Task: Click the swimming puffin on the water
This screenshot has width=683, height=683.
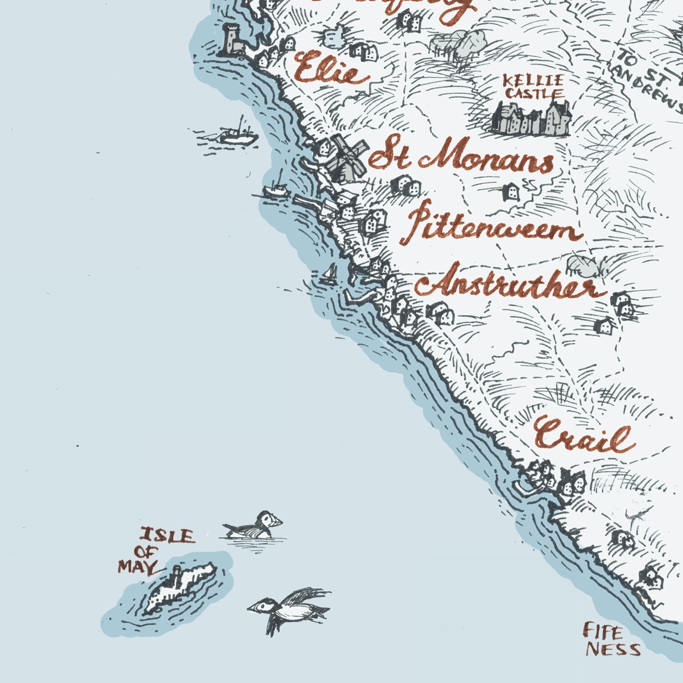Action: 255,526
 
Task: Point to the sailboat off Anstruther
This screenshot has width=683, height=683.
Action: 329,275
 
